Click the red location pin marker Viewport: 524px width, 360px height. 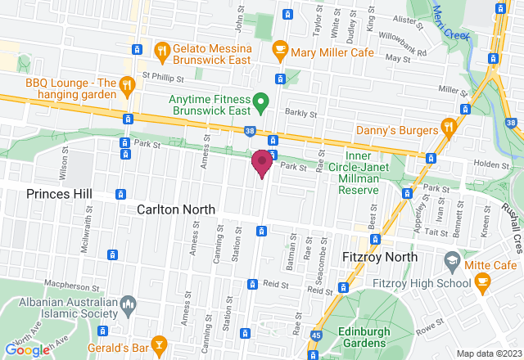click(x=262, y=162)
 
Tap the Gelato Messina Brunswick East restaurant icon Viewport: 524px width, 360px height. click(x=162, y=50)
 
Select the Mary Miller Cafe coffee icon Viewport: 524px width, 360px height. click(x=280, y=50)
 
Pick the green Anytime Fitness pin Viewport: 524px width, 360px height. click(x=261, y=103)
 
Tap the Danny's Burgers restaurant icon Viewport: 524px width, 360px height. click(x=448, y=128)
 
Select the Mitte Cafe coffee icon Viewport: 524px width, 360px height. click(x=482, y=281)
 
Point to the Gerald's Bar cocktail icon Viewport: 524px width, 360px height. click(x=159, y=342)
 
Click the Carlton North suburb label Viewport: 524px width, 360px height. click(x=175, y=209)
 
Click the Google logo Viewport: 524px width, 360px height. click(x=27, y=349)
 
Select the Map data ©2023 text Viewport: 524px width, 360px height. click(x=488, y=353)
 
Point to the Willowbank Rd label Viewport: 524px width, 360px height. click(x=399, y=49)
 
